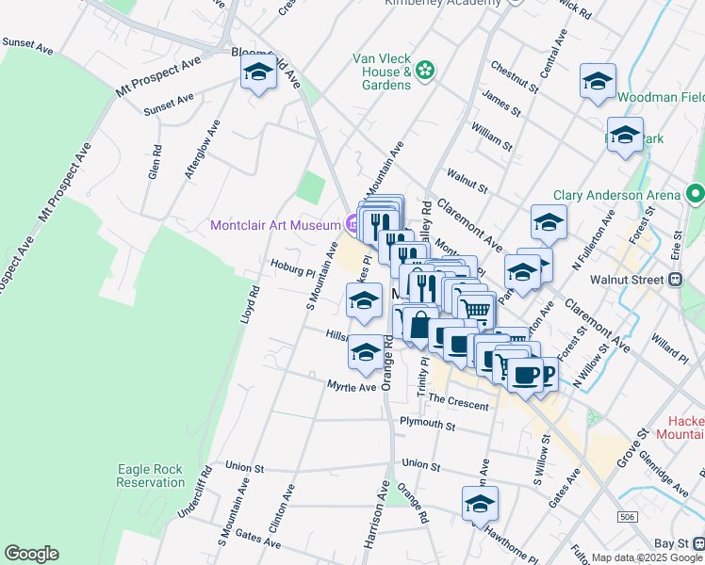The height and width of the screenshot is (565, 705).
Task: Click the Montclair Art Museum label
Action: pyautogui.click(x=274, y=225)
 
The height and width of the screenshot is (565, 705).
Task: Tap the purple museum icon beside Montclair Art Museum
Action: pyautogui.click(x=352, y=224)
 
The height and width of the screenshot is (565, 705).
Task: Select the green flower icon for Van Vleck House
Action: pyautogui.click(x=425, y=68)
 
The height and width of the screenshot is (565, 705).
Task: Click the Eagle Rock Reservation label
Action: pyautogui.click(x=151, y=449)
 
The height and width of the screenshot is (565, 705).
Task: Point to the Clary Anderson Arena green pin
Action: pyautogui.click(x=696, y=195)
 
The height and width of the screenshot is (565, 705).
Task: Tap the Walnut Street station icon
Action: pyautogui.click(x=675, y=280)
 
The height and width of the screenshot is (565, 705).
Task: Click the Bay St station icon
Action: pyautogui.click(x=697, y=543)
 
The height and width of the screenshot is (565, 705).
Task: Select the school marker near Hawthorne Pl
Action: pyautogui.click(x=480, y=477)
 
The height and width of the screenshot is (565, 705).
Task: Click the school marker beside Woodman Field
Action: pyautogui.click(x=598, y=81)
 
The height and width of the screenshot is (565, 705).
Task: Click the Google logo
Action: pyautogui.click(x=31, y=554)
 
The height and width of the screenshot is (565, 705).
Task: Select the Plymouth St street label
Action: pyautogui.click(x=427, y=426)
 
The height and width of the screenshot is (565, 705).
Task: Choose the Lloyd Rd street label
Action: pyautogui.click(x=248, y=306)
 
